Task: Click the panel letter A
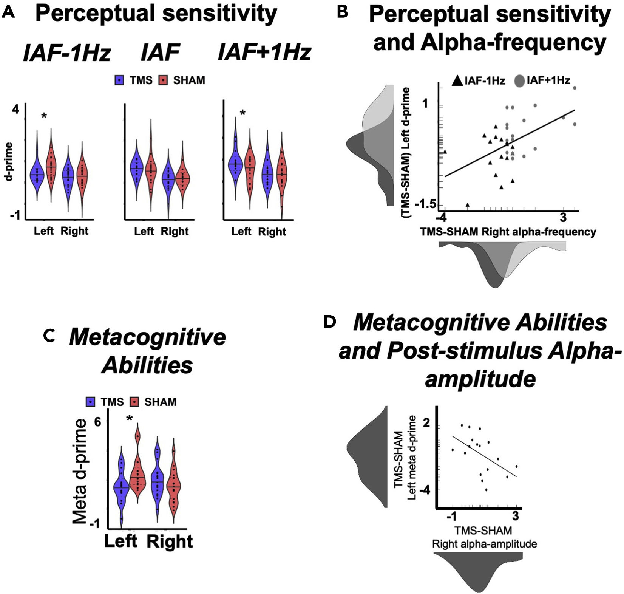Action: point(8,13)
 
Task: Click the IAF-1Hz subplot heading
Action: point(67,53)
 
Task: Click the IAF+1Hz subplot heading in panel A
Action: point(264,53)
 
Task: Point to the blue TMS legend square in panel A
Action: point(120,80)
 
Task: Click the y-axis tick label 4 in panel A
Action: point(15,110)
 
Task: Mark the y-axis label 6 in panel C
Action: point(97,422)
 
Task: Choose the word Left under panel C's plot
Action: point(121,541)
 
